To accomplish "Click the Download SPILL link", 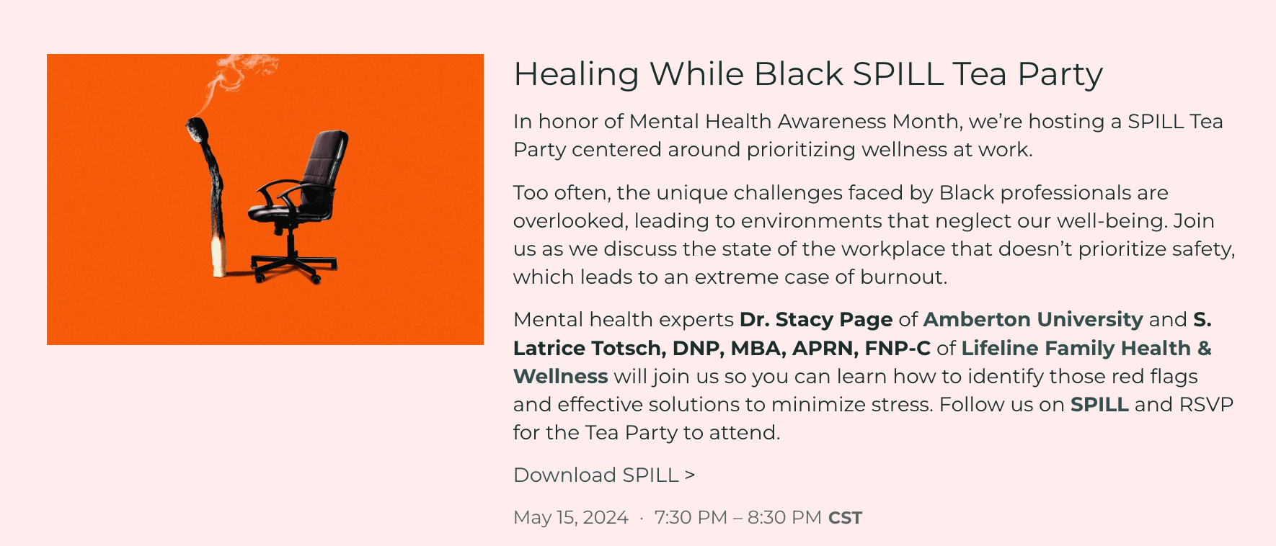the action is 604,475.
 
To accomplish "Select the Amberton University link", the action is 1033,319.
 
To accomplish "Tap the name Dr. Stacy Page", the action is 816,319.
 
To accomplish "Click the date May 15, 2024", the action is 571,517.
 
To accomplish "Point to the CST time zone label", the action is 845,518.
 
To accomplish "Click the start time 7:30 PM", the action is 691,517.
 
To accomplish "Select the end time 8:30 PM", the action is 784,517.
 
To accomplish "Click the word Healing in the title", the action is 577,74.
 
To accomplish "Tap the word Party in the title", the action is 1060,74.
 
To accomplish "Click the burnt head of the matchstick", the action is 198,130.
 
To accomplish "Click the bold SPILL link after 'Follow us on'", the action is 1099,404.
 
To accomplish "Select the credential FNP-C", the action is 898,348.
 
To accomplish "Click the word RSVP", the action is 1206,404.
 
